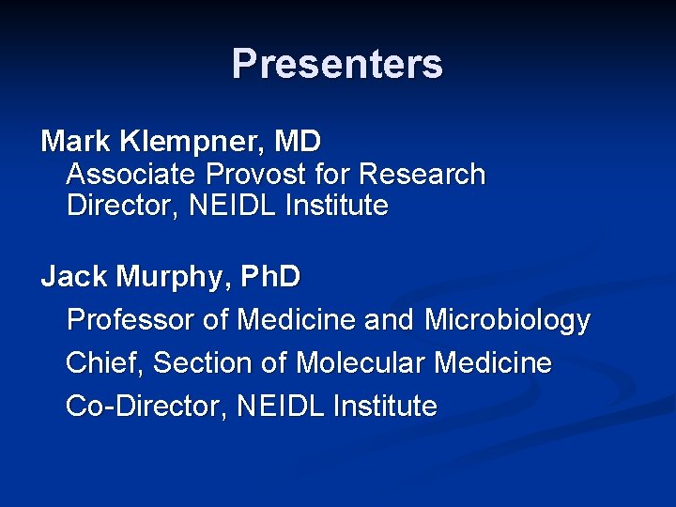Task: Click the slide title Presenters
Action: click(337, 64)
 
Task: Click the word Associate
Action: click(132, 175)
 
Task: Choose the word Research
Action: click(422, 175)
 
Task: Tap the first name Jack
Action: click(74, 277)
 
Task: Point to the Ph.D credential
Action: click(270, 277)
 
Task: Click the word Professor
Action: click(131, 320)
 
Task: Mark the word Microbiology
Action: click(507, 320)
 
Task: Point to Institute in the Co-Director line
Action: click(385, 406)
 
